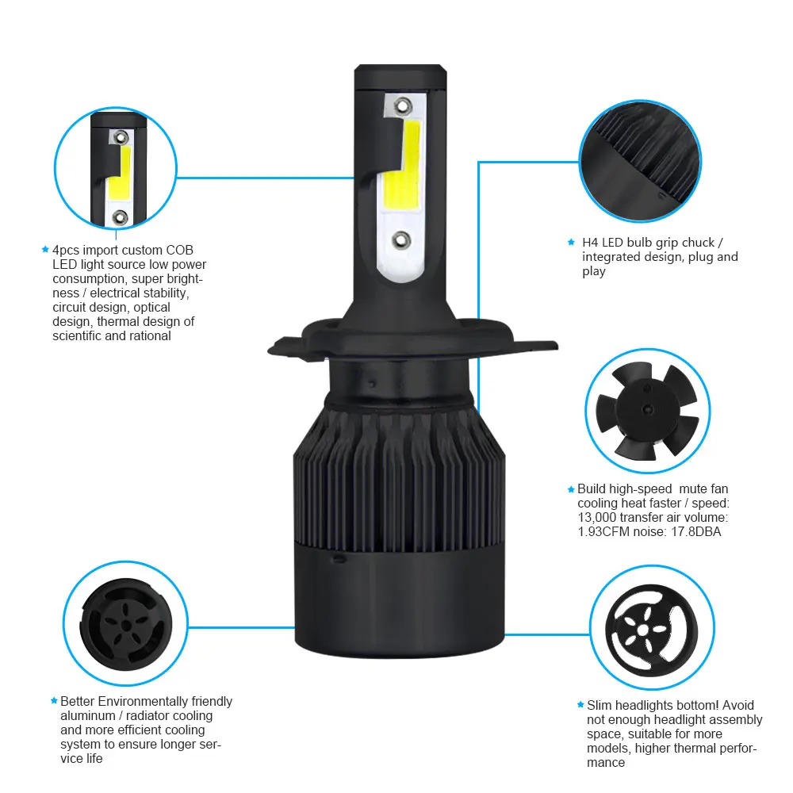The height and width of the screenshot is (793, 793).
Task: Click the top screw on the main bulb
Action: pos(403,106)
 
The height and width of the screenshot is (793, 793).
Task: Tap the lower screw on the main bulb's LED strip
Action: pos(400,239)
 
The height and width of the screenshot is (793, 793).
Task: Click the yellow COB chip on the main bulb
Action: pos(403,167)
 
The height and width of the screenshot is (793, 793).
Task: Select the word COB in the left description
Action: pos(179,251)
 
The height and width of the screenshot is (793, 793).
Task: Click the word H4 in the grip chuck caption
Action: pos(590,243)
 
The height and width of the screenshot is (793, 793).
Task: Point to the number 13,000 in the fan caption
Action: pos(597,518)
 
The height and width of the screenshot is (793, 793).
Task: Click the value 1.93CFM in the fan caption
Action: pos(603,532)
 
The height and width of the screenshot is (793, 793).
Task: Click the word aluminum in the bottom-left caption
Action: pos(88,716)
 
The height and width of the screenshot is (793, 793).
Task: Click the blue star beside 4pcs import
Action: pos(45,249)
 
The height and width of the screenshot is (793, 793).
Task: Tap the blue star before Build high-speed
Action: pos(571,489)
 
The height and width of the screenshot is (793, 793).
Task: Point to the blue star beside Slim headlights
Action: pos(580,704)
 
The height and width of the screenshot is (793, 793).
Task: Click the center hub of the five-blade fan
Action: pos(646,410)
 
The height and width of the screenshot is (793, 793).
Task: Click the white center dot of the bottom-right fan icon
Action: pos(643,630)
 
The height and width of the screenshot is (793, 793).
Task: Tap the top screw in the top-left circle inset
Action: pos(121,137)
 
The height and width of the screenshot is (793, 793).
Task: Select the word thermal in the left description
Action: pos(116,322)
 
